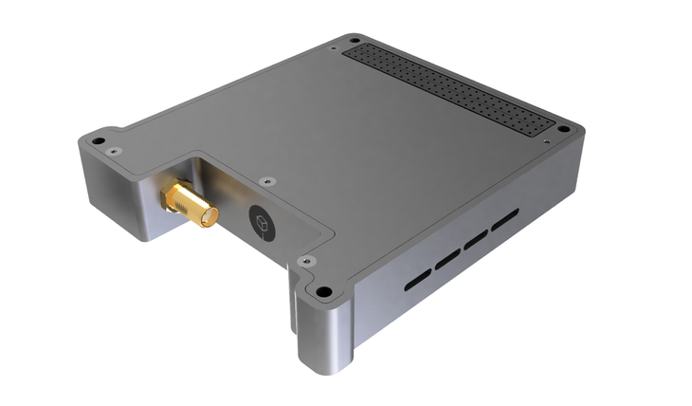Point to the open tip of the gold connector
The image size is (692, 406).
(209, 221)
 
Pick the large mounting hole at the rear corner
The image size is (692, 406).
(354, 41)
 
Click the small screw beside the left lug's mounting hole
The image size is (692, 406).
(114, 152)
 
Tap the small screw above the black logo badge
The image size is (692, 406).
(269, 179)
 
